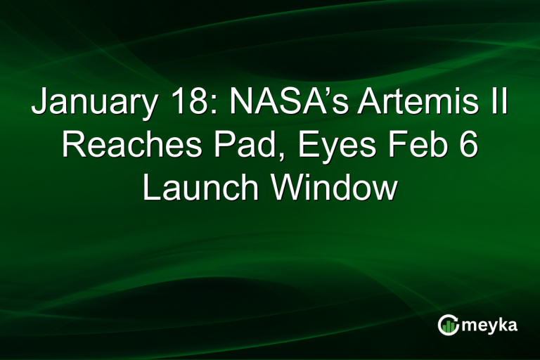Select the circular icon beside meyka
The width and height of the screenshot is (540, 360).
coord(448,324)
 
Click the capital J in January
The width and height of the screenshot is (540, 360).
coord(39,107)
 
